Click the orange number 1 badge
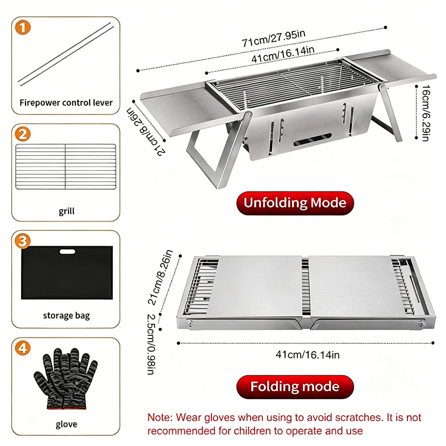pos(23,28)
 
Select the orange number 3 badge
pos(23,241)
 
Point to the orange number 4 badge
pos(23,348)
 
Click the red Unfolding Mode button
pos(295,203)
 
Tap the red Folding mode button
pos(295,387)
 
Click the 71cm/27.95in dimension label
pos(274,38)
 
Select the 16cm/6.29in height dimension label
pos(425,113)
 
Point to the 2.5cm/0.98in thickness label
pos(151,344)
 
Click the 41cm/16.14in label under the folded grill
pos(307,355)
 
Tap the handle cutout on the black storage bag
pos(67,252)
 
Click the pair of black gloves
pos(66,378)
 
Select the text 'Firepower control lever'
pos(66,103)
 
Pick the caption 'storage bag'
pos(66,315)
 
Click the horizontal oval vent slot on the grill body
pos(312,139)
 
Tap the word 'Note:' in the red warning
pos(160,417)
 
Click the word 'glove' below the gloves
pos(66,424)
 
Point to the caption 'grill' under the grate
pos(66,211)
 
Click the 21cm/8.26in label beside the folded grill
pos(161,277)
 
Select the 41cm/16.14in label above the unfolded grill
pos(283,54)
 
